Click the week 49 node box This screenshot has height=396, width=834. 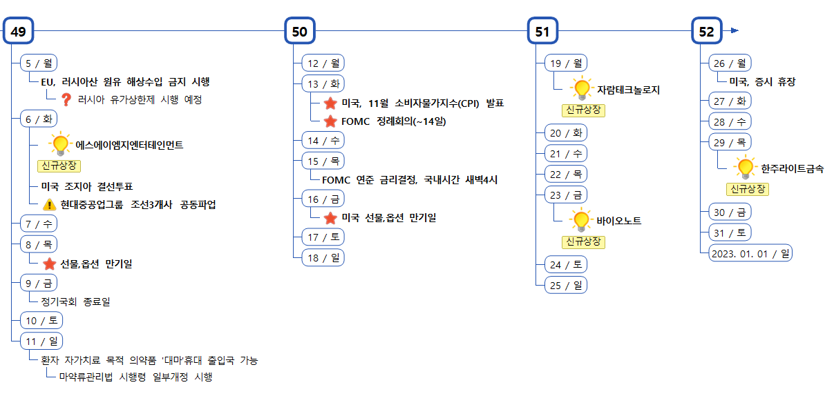(19, 31)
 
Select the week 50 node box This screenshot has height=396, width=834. (300, 31)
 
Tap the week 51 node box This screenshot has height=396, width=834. (542, 31)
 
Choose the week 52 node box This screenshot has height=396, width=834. (706, 31)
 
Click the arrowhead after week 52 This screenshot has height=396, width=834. (735, 31)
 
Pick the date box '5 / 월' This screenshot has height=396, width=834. (39, 63)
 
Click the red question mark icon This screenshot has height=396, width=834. (67, 99)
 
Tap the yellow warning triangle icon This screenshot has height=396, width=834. (50, 204)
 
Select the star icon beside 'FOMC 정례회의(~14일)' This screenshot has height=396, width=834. (330, 121)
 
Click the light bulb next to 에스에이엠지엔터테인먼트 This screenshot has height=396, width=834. (61, 143)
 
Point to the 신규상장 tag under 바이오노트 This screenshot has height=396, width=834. (584, 241)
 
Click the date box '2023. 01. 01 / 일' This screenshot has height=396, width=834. (750, 253)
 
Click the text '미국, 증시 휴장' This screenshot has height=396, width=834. (762, 81)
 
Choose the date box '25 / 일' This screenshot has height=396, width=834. (566, 285)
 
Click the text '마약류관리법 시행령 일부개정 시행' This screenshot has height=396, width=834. (135, 377)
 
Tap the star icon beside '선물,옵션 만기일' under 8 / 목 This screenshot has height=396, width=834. (50, 264)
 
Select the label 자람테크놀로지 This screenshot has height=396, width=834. (628, 90)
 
